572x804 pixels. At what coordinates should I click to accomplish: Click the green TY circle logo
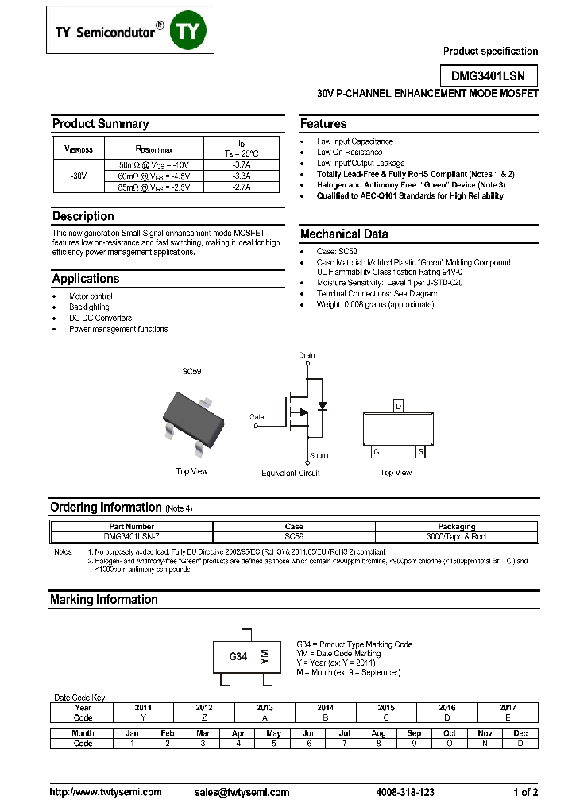191,30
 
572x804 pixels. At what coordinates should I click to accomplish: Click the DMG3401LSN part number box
489,75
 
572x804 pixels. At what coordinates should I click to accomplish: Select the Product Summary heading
100,124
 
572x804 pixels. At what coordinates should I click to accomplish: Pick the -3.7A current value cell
242,164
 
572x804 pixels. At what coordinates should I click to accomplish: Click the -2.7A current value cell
242,187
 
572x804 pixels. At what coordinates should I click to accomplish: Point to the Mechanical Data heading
344,234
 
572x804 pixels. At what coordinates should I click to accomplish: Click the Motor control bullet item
91,296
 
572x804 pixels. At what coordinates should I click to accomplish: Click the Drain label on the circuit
307,355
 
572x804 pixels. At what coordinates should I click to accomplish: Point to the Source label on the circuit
320,456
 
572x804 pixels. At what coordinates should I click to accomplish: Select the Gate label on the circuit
257,416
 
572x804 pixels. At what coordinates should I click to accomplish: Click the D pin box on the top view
398,405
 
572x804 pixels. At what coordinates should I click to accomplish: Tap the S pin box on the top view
420,451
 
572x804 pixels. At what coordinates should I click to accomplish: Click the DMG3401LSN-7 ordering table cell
132,536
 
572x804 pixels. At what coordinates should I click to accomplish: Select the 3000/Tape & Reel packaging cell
456,536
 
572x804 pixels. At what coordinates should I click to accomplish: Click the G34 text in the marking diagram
238,657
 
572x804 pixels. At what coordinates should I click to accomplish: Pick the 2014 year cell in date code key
325,707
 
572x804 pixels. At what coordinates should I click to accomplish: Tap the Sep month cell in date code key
414,733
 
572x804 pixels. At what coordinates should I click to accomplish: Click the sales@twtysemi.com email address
242,792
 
